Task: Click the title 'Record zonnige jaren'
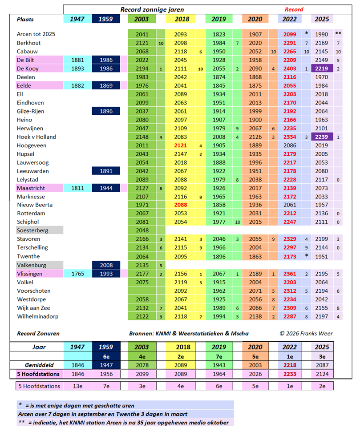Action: [152, 9]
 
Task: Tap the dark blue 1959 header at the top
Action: [106, 19]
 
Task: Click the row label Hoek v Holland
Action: [36, 137]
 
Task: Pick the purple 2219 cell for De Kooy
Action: [322, 69]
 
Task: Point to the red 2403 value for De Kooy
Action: [289, 69]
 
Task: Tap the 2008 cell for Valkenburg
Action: [106, 265]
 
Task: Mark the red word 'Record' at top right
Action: [294, 9]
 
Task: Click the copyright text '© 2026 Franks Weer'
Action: [306, 333]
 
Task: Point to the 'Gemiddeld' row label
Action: [36, 364]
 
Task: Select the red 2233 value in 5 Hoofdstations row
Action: [289, 374]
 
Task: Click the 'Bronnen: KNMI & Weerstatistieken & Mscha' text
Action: [189, 333]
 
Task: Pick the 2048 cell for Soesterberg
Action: [142, 230]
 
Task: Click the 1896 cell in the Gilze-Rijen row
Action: [106, 111]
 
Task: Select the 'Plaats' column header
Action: [25, 20]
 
